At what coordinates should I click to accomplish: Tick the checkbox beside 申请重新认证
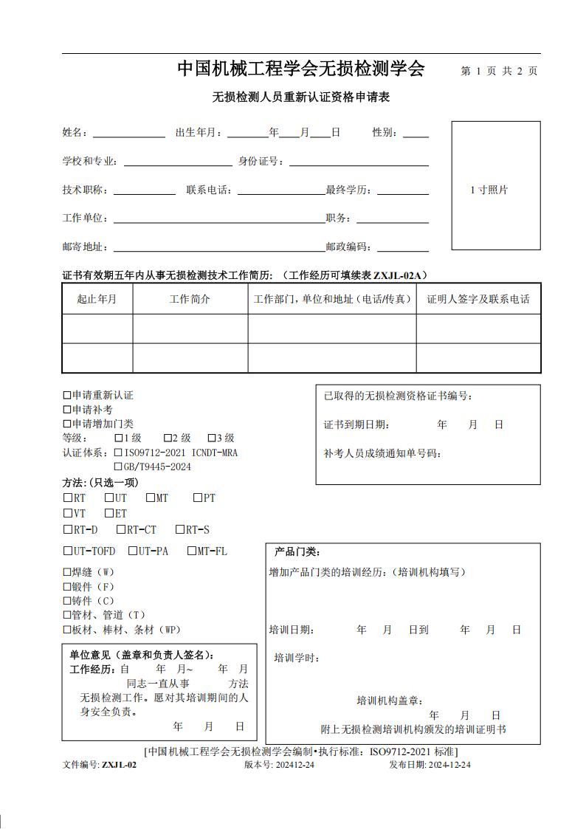67,396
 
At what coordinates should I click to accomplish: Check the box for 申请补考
67,410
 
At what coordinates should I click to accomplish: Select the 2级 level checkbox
168,438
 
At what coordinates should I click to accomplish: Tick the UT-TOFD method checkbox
67,551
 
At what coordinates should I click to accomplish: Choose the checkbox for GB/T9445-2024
118,467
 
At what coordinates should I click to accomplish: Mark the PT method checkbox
198,498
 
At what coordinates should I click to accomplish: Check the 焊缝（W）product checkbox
67,572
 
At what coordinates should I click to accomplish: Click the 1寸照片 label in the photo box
489,190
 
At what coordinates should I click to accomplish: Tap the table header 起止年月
97,299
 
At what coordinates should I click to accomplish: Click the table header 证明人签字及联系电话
478,299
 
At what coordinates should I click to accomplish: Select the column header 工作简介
190,299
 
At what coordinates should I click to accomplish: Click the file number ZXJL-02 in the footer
119,765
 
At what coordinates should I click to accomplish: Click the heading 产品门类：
297,551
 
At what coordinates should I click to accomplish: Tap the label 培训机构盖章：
390,701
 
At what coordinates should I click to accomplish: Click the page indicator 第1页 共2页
499,71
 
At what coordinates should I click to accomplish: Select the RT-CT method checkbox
120,529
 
